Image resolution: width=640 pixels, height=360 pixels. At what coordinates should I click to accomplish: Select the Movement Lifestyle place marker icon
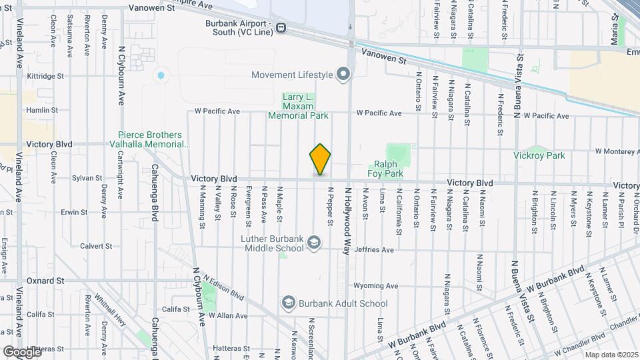(344, 74)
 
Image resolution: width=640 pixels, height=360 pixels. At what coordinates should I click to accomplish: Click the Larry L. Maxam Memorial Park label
(298, 106)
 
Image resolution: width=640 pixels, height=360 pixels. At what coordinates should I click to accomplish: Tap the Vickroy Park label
(539, 155)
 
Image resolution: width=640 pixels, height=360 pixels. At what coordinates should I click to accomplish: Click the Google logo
(21, 351)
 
